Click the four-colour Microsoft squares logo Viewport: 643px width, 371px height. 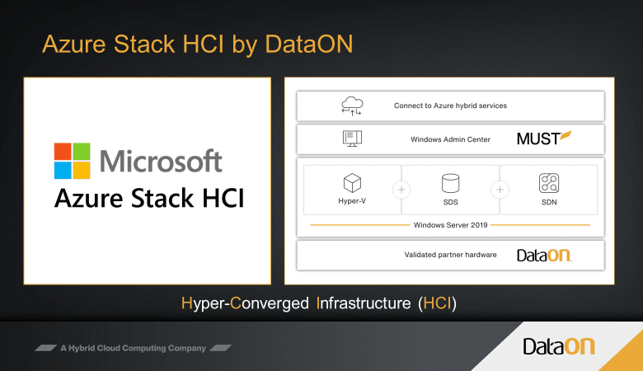pos(73,161)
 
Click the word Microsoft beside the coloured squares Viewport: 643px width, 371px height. pos(161,161)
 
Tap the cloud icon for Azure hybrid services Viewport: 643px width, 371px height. pos(352,106)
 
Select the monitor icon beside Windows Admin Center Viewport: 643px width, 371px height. pos(352,139)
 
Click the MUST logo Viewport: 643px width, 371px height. pos(544,139)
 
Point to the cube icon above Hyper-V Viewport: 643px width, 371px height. pos(352,183)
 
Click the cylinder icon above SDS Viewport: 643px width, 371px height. pos(450,183)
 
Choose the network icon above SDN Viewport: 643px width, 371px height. pos(549,183)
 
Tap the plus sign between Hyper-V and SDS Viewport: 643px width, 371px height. pos(401,190)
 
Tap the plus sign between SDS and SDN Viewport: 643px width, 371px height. pos(500,190)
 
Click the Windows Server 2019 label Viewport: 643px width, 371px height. pos(450,225)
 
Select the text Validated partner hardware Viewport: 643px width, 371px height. pos(450,255)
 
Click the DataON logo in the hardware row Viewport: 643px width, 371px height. pos(544,255)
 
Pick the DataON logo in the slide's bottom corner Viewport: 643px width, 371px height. pos(559,346)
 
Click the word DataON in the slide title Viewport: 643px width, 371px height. pos(309,44)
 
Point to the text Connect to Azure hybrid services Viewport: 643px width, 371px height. pos(450,106)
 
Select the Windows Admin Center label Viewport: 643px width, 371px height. pos(450,139)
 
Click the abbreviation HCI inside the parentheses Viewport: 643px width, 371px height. pos(437,303)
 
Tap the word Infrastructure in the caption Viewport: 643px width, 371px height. pos(364,303)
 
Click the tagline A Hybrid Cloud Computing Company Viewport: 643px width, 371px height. pos(134,348)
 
